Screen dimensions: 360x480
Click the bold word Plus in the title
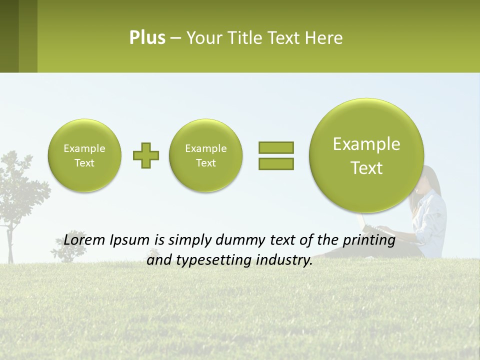147,38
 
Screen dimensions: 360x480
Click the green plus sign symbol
146,155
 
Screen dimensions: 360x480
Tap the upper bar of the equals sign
276,147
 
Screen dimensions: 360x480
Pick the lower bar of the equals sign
276,163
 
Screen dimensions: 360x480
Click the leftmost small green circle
84,155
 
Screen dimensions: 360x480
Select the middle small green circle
206,155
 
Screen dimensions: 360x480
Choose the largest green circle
366,155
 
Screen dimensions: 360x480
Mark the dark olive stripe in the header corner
9,36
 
